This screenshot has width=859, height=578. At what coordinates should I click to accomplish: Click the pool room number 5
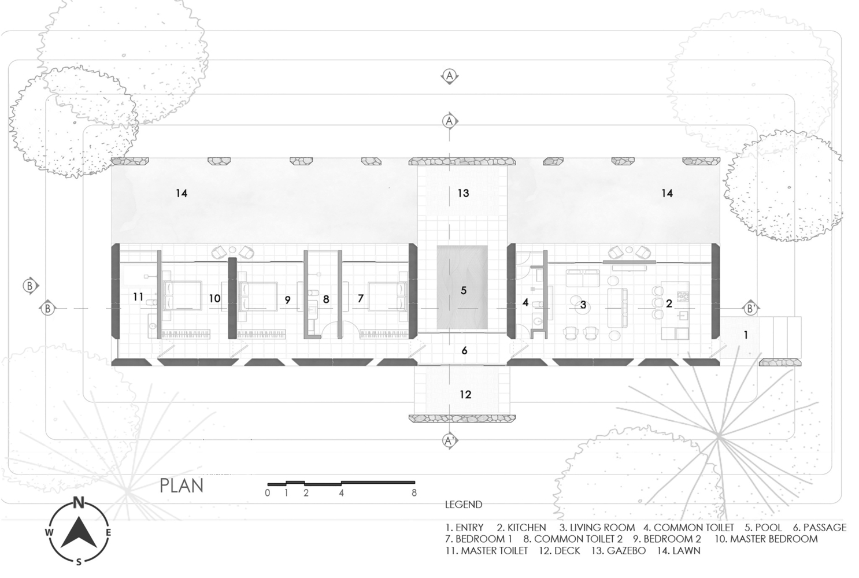pos(463,290)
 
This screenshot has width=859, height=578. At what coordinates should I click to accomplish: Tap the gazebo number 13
pos(463,193)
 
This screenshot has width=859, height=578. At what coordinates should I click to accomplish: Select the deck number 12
pos(465,394)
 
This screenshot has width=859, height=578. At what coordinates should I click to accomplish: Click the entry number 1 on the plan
pos(746,335)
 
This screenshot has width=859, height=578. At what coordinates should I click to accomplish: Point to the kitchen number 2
pos(669,303)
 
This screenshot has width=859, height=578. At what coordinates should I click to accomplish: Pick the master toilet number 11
pos(138,297)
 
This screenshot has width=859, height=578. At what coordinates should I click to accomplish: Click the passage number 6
pos(465,350)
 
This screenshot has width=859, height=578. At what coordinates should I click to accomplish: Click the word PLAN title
pos(182,486)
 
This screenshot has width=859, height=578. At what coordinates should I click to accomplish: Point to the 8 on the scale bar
pos(414,493)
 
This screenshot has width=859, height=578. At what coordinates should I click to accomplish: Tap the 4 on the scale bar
pos(342,493)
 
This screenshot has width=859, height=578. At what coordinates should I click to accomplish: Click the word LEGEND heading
pos(463,505)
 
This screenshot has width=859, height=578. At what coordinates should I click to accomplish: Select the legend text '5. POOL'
pos(763,527)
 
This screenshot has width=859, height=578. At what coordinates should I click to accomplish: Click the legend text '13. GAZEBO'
pos(619,550)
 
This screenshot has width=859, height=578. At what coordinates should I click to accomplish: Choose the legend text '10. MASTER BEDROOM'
pos(766,539)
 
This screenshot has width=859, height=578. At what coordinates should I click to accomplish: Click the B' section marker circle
pos(750,309)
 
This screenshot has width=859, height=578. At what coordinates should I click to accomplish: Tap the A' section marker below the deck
pos(450,441)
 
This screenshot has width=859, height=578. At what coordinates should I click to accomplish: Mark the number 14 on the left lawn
pos(182,193)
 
